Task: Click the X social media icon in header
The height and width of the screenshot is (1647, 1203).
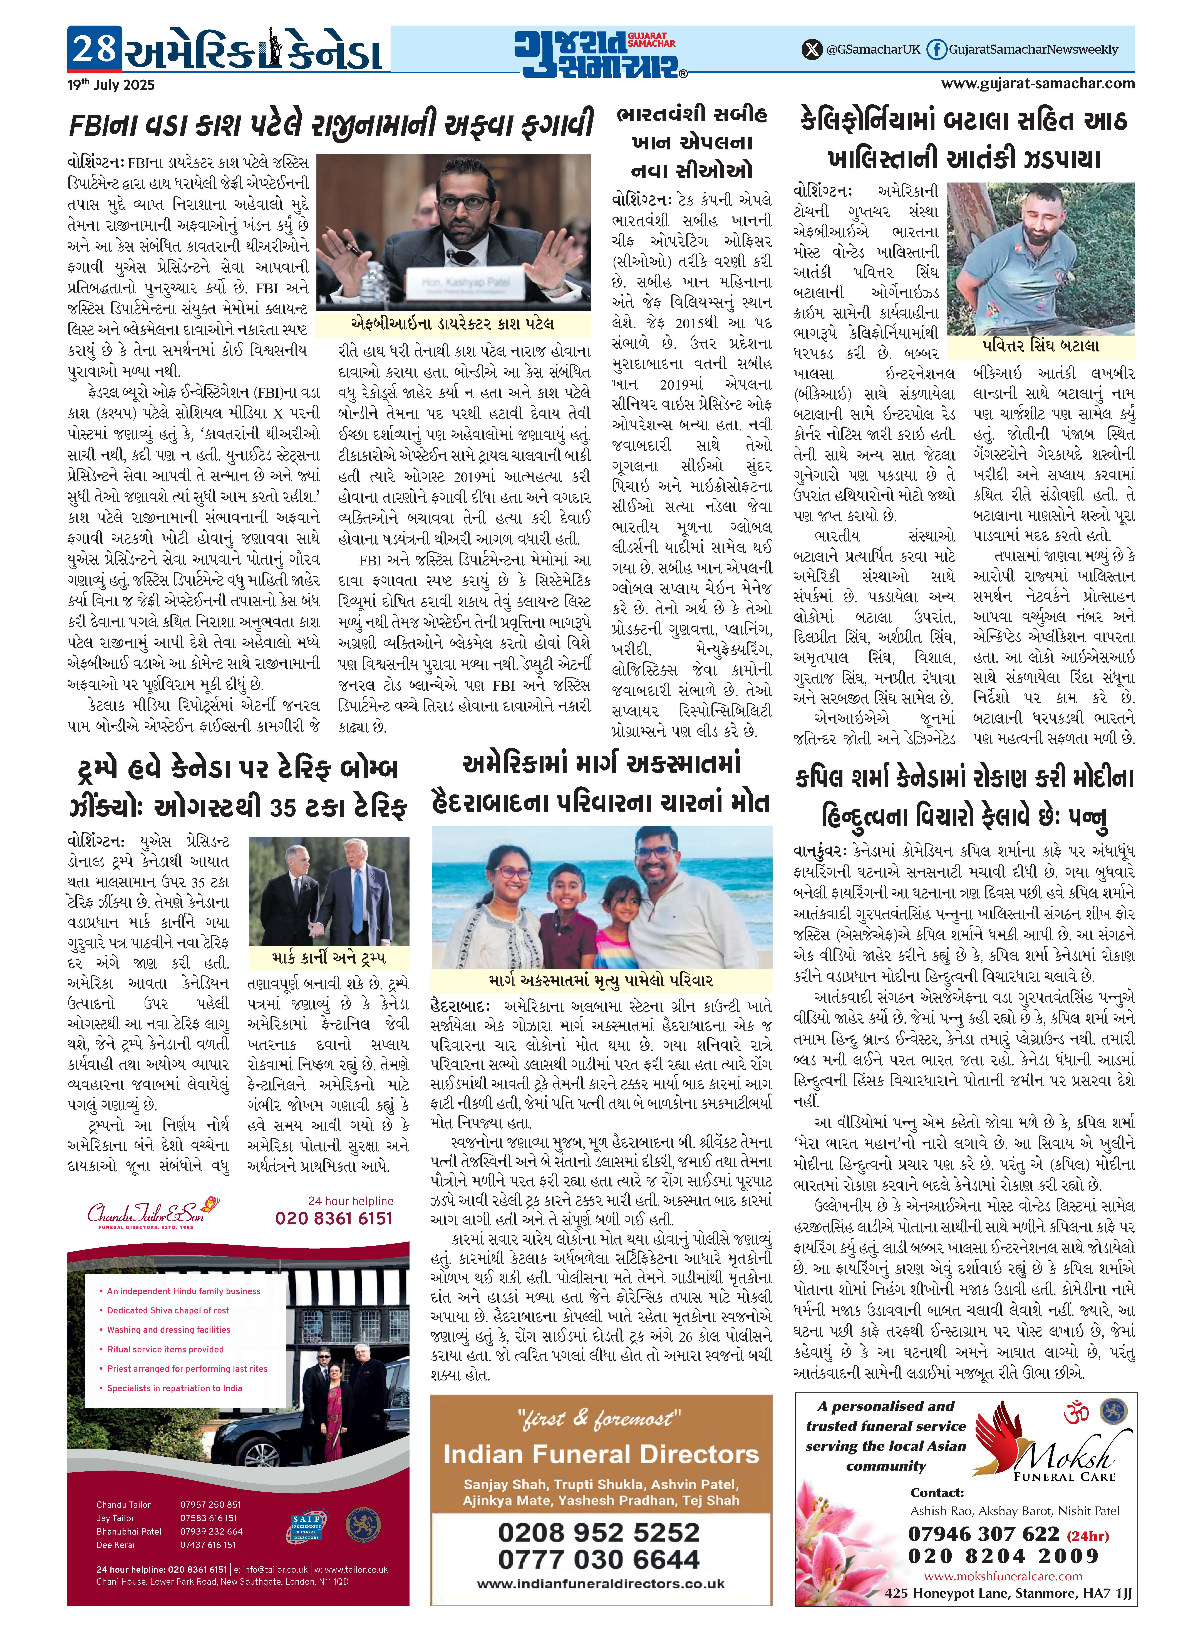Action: pos(811,50)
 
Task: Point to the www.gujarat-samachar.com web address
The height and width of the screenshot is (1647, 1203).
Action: pos(1038,83)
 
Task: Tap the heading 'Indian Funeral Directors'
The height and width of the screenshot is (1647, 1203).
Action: pos(601,1455)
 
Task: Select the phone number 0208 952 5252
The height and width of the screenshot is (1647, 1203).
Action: pos(599,1532)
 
